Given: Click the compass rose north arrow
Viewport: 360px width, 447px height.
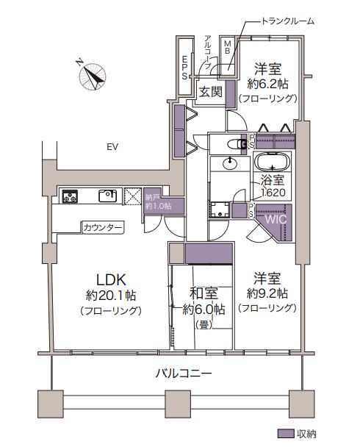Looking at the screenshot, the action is pos(93,75).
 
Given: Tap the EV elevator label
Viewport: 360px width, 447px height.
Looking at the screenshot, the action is pos(112,147).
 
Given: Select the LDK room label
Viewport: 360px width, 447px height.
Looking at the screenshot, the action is pos(111,280).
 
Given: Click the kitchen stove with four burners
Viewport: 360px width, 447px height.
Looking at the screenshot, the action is pos(70,196).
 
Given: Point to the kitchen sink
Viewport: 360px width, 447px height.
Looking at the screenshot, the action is pos(107,196).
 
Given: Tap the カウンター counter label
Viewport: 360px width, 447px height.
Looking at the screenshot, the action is pos(103,227).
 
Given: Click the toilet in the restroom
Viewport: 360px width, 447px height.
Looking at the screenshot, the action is pos(237,145).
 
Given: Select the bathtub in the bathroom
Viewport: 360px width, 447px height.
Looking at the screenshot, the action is pos(273,162).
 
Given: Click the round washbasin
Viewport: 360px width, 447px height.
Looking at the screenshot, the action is pos(230,164).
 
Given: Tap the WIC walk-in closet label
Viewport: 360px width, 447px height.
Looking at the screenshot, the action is pos(276,220).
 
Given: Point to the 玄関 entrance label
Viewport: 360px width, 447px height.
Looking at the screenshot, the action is pos(210,92).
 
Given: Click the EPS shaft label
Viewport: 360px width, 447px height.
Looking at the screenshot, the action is pos(184,68).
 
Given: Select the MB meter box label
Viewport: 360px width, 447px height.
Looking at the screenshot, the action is pos(227,47).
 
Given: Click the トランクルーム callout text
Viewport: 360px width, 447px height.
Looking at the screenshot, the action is pos(288,21).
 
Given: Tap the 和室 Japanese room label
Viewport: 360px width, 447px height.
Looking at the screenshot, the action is pos(204,293).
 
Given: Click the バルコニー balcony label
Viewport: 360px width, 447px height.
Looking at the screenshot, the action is pos(184,373).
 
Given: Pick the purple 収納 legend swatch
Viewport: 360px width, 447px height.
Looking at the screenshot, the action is pos(286,434).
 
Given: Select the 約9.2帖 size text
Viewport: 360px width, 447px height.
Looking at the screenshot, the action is pos(267,293).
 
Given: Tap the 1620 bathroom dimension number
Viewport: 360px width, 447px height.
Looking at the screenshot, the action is pos(273,193).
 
